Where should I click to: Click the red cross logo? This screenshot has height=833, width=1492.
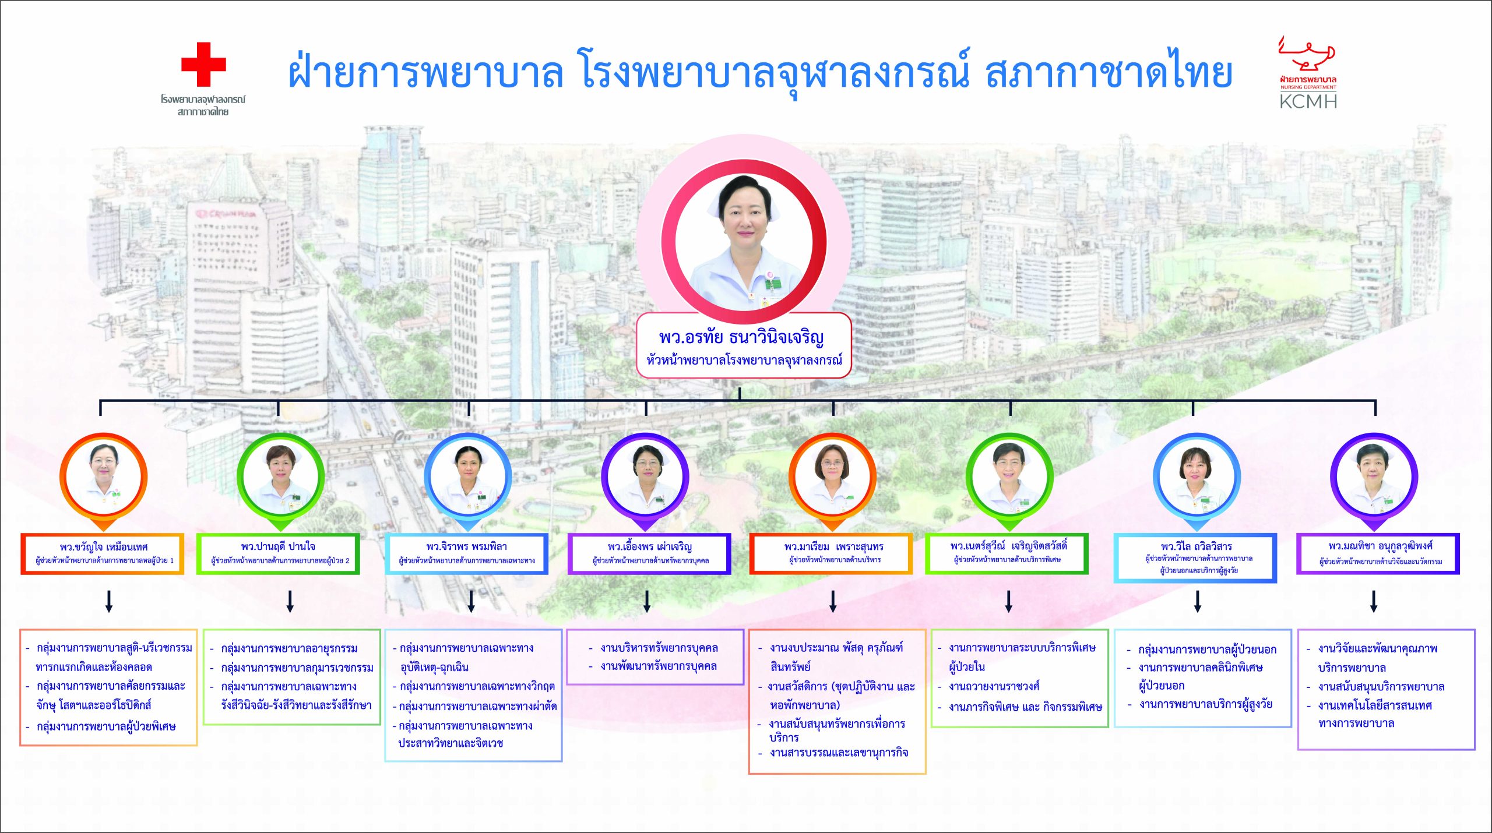point(203,64)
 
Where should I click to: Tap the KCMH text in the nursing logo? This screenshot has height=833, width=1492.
point(1308,101)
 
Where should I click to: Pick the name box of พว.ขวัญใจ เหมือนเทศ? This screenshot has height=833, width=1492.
point(103,553)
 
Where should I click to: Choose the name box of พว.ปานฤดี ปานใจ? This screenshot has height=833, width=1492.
point(278,553)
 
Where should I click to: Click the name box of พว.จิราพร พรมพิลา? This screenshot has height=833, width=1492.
point(467,553)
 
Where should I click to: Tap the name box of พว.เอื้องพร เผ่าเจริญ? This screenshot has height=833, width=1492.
point(649,553)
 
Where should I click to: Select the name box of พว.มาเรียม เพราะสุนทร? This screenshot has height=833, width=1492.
point(831,553)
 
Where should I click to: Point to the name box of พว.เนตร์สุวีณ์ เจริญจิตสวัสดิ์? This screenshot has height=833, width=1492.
point(1007,553)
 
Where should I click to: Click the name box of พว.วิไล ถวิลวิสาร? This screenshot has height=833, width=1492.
point(1195,557)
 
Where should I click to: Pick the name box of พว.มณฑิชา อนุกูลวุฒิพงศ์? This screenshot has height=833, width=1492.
point(1378,553)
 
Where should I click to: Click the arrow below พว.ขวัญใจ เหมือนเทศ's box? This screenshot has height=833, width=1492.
point(108,601)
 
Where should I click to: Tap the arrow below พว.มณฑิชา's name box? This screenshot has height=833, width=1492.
point(1374,601)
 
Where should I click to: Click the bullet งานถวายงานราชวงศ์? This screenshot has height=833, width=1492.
point(989,686)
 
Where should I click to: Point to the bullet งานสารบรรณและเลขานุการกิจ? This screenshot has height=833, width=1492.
point(833,753)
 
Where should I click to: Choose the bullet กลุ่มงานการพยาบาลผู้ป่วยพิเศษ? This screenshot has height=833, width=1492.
point(101,726)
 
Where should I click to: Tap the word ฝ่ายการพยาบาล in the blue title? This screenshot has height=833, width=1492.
point(426,73)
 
